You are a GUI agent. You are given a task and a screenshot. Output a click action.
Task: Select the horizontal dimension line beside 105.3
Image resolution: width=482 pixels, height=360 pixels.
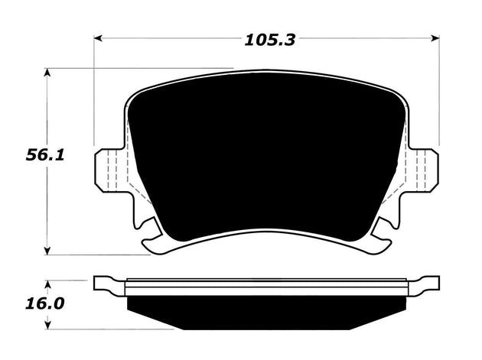pos(168,37)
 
